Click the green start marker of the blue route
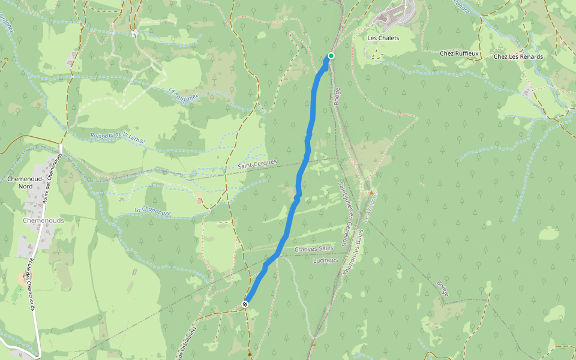click(331, 56)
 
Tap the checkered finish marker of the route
click(245, 304)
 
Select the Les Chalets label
click(383, 38)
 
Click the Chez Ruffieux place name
click(460, 53)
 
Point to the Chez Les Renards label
click(518, 57)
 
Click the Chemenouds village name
click(43, 220)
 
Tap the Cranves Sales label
click(314, 248)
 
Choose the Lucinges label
click(326, 260)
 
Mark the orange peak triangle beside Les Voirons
click(371, 193)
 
